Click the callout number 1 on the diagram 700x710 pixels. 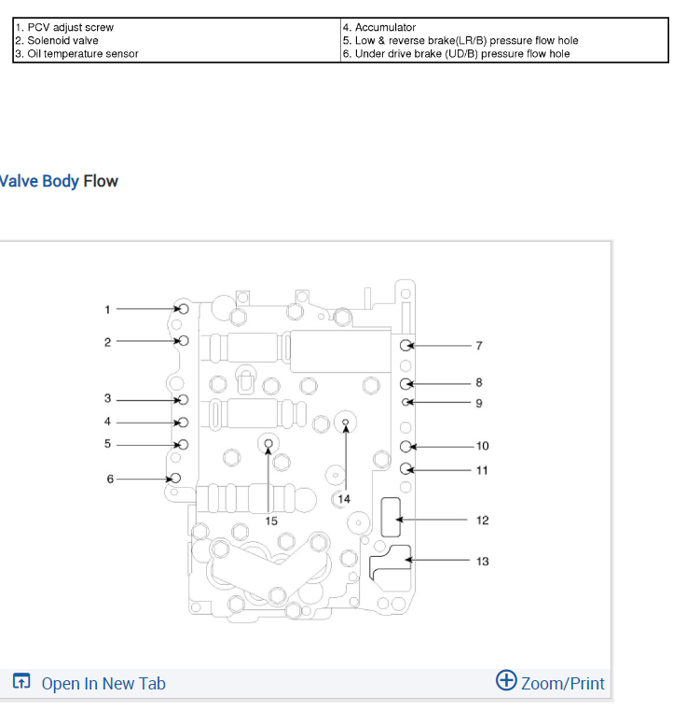(x=107, y=309)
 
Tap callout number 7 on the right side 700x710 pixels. (x=479, y=346)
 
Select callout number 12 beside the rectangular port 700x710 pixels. (x=482, y=521)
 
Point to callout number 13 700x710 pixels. (x=482, y=562)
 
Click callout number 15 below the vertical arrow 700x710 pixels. (x=270, y=521)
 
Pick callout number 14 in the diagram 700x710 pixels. (x=344, y=499)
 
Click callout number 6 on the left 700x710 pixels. (x=110, y=479)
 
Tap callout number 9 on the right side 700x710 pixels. (x=479, y=403)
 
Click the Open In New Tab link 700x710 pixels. (x=103, y=684)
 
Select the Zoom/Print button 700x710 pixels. (x=562, y=684)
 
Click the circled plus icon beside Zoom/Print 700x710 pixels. (x=506, y=680)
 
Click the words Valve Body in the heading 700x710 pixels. (x=39, y=181)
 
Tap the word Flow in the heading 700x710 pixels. (x=101, y=181)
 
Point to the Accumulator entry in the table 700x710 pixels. (x=385, y=28)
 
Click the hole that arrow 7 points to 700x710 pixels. (x=406, y=346)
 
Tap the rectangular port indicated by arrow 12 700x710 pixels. (x=391, y=518)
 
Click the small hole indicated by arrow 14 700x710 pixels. (x=346, y=423)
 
